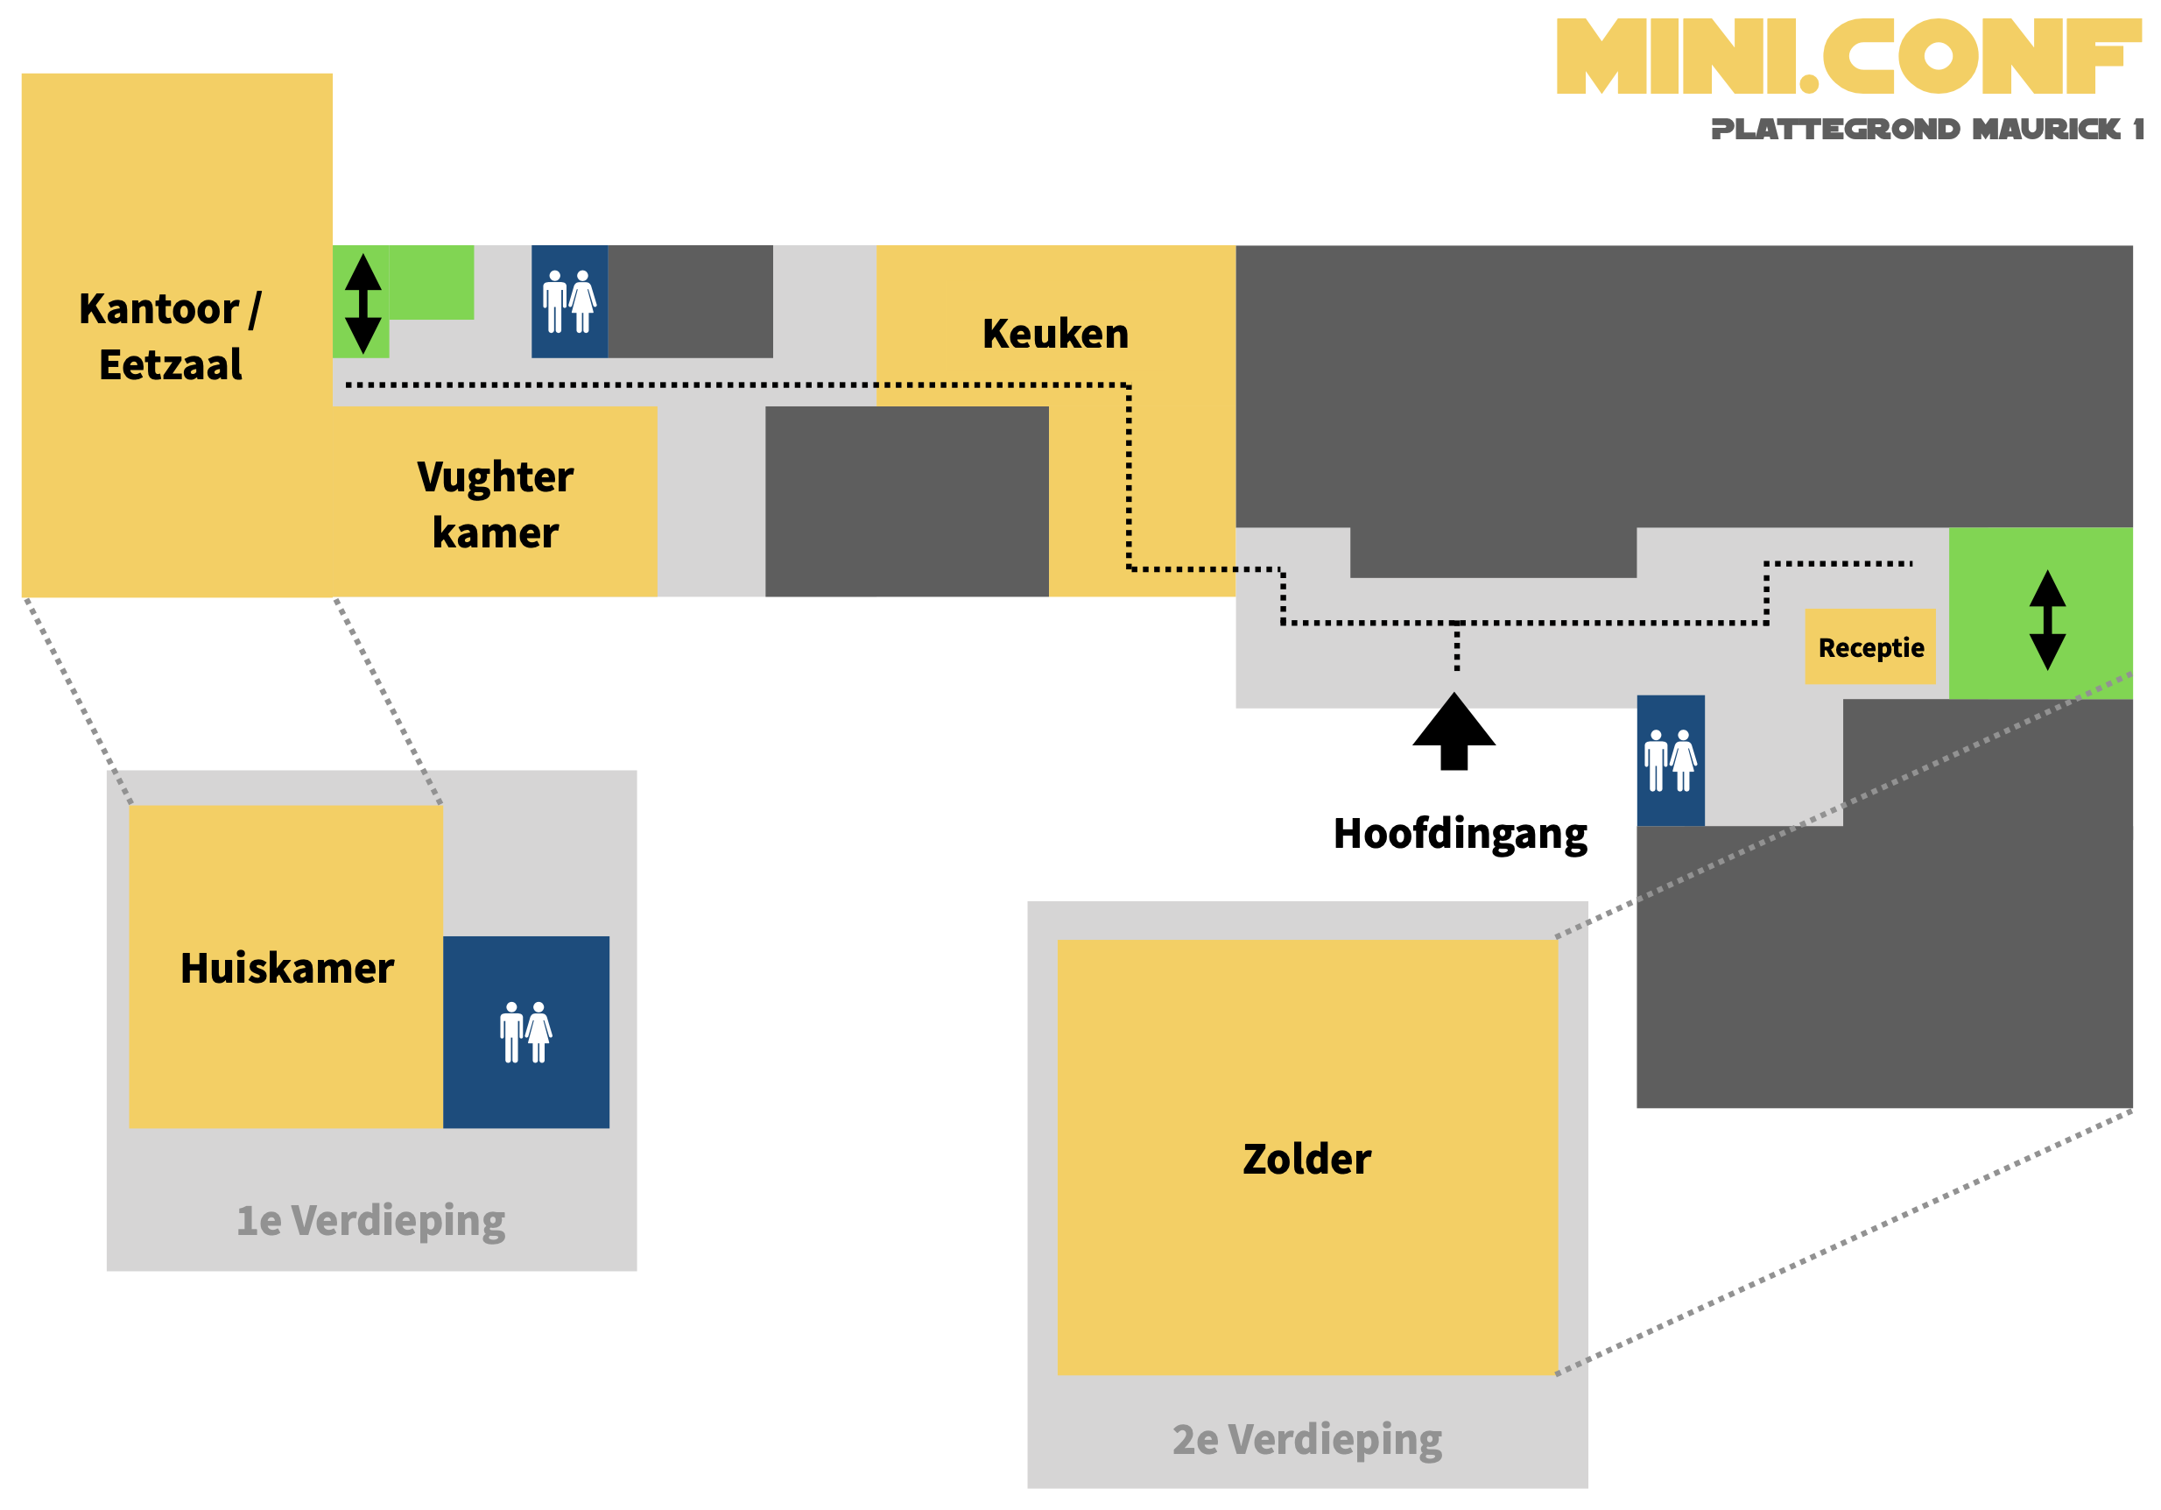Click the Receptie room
1869,646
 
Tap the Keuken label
1055,335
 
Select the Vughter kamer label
495,505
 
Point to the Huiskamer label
286,969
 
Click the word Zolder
1306,1159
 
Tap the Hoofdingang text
1460,834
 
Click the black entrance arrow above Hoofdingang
1454,731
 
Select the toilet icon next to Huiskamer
526,1033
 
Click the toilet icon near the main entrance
1670,760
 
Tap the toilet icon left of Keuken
569,301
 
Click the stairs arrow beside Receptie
2047,619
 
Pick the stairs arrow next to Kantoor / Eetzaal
363,303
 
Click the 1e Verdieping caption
371,1221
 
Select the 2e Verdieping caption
1306,1439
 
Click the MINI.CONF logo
1848,56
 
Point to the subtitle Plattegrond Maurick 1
1925,129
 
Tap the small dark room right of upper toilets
690,301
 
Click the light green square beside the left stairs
431,282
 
